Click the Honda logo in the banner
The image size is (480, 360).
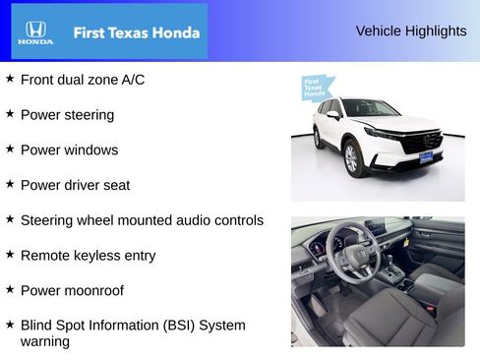click(x=35, y=32)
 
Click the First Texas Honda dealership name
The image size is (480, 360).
click(x=136, y=32)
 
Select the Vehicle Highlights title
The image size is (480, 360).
click(x=411, y=30)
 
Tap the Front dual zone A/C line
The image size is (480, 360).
click(x=83, y=79)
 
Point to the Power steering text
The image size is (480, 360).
click(x=67, y=114)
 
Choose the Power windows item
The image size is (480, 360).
click(x=69, y=150)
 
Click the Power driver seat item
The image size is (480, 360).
click(x=75, y=185)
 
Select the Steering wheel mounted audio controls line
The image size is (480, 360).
click(x=142, y=220)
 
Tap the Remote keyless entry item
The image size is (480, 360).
click(x=88, y=255)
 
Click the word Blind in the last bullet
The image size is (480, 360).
click(x=37, y=325)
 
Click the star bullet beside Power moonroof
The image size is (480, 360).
click(x=10, y=289)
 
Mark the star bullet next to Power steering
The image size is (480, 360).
click(x=10, y=113)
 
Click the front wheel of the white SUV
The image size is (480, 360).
click(x=352, y=158)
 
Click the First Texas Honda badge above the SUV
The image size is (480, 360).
click(x=313, y=88)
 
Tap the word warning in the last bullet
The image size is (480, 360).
click(x=45, y=341)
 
